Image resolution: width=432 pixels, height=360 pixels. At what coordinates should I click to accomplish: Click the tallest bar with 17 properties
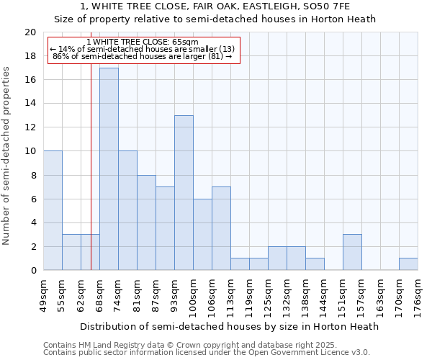click(x=109, y=169)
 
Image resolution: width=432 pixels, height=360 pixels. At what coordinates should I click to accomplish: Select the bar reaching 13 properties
click(x=184, y=193)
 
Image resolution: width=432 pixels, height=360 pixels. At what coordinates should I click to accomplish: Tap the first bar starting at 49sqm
click(x=53, y=210)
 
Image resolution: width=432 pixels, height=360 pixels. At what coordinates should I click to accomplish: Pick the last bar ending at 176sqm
click(x=408, y=264)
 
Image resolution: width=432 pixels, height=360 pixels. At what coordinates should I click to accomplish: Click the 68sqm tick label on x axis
click(x=99, y=293)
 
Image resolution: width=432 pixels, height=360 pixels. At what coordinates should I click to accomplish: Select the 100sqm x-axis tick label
click(x=193, y=294)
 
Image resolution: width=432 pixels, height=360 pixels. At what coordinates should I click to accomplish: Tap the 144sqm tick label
click(x=324, y=294)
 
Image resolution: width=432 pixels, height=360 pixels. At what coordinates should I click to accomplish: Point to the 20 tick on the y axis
click(x=30, y=32)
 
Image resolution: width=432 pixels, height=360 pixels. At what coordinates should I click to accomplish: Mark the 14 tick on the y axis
click(x=30, y=104)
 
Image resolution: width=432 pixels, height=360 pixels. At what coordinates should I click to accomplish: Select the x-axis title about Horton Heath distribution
click(x=229, y=326)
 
